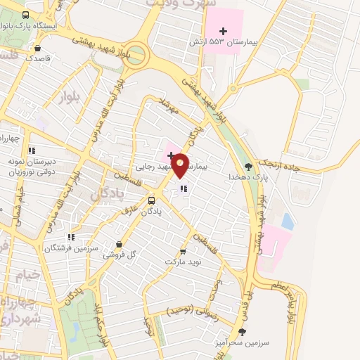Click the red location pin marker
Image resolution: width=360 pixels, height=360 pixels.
(x=181, y=165)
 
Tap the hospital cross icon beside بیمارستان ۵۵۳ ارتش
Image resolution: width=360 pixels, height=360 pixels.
(x=224, y=31)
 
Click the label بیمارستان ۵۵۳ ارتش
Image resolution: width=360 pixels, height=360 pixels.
(x=219, y=43)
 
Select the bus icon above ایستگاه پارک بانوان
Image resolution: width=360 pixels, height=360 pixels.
(x=26, y=15)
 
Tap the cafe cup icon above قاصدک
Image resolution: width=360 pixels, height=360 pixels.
(x=37, y=48)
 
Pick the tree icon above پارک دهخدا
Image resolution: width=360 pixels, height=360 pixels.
(x=248, y=167)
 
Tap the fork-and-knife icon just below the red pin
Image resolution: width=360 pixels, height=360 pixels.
(x=184, y=188)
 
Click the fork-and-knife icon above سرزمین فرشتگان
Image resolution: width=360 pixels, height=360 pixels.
(x=70, y=237)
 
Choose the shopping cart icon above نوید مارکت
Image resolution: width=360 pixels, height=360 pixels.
(x=183, y=251)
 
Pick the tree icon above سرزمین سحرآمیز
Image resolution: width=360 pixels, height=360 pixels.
(x=243, y=331)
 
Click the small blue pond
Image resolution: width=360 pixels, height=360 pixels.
(x=287, y=221)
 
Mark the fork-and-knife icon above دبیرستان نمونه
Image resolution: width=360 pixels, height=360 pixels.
(x=31, y=150)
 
